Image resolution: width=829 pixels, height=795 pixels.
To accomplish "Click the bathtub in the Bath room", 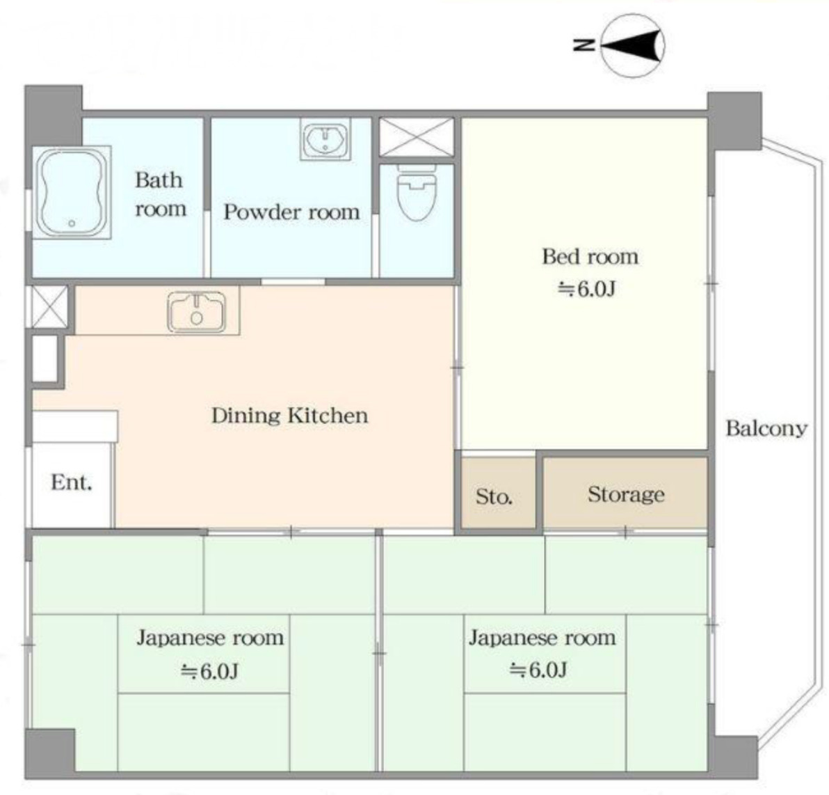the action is pos(72,192).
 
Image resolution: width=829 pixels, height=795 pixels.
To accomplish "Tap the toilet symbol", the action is pos(417,194).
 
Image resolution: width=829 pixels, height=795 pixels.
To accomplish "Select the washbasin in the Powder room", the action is pos(325,139).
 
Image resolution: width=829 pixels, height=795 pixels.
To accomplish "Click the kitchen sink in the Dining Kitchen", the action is pos(197,313).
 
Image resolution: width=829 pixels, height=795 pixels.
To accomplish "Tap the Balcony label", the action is pos(766,429).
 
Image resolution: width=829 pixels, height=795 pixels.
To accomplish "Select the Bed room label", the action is pos(590,258).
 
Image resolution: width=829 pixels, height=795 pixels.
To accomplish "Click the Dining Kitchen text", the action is pos(290,416).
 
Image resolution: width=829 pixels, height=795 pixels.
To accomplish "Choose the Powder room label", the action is pos(291,212).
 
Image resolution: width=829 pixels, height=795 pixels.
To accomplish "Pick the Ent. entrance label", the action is pos(72,482).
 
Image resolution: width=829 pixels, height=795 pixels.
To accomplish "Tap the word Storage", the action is pos(626,494).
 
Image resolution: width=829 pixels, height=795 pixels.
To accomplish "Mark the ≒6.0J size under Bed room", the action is pos(587,289).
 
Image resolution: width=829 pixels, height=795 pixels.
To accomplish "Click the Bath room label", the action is pos(160,194).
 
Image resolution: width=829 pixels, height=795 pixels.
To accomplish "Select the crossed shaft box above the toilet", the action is pos(417,137).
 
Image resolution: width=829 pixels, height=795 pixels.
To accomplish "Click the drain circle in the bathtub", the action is pos(72,224).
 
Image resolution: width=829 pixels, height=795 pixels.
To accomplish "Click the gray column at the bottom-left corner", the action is pos(49,752).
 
